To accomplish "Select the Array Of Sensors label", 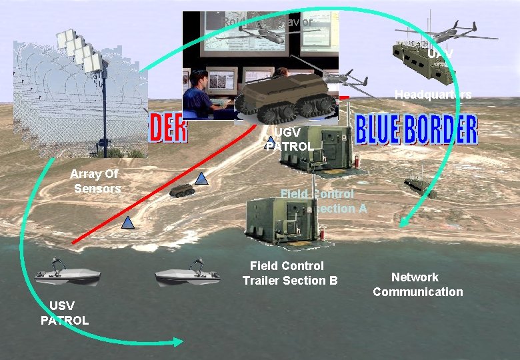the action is (x=97, y=181).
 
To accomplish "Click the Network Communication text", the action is (x=417, y=285).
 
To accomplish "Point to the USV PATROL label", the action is (x=64, y=313).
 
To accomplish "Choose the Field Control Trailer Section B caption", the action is (x=290, y=273).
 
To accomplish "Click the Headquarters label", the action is (x=433, y=95).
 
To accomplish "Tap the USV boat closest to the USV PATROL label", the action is (x=67, y=272).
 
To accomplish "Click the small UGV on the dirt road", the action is (x=181, y=190).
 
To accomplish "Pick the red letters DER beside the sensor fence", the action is (x=167, y=129).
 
